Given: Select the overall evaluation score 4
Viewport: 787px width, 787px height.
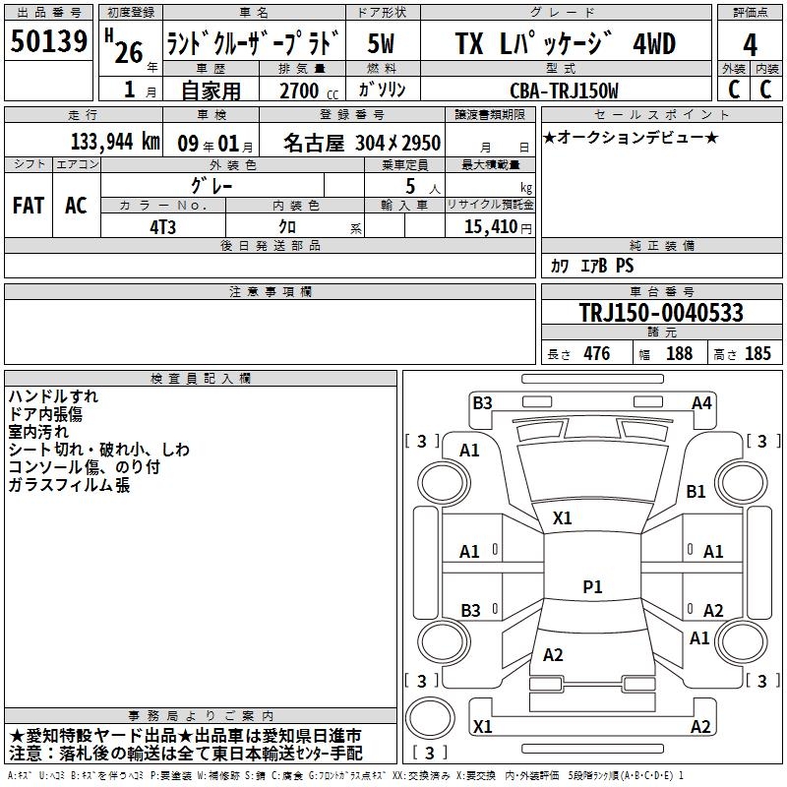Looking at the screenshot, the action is [751, 45].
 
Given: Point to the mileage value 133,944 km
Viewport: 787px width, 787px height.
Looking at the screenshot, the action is [115, 143].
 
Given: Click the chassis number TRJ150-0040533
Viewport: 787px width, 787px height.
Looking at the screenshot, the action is [660, 313].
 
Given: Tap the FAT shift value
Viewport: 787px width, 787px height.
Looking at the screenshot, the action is [28, 206].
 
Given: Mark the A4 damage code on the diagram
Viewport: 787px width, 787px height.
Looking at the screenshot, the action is [701, 402].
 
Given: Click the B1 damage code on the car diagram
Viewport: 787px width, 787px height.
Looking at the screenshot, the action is [696, 491].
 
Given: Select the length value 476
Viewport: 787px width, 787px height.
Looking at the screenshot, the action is [596, 354].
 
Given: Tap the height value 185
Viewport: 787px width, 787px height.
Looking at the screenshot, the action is [757, 354].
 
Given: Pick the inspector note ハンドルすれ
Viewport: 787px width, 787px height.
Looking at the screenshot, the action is [53, 396].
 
